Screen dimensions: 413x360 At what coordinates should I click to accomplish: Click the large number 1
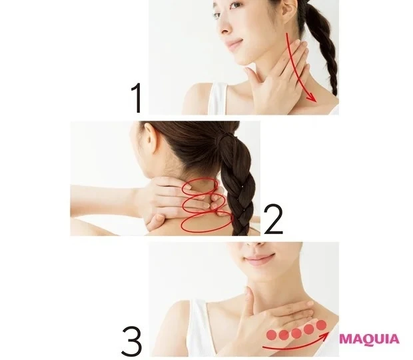click(137, 98)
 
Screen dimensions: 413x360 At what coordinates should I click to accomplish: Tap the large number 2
click(273, 219)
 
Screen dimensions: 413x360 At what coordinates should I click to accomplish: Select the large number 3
click(132, 341)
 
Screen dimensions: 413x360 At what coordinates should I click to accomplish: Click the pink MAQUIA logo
click(369, 339)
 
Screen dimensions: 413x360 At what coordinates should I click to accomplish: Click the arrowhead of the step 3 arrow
click(325, 335)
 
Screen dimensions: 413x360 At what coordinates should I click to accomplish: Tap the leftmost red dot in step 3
click(272, 335)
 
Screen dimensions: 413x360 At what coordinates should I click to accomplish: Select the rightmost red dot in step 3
click(321, 325)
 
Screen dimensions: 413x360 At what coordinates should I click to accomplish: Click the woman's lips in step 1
click(233, 44)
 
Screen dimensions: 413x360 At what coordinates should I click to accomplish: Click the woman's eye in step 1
click(236, 5)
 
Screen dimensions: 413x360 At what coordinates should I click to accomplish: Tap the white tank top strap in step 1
click(218, 98)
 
